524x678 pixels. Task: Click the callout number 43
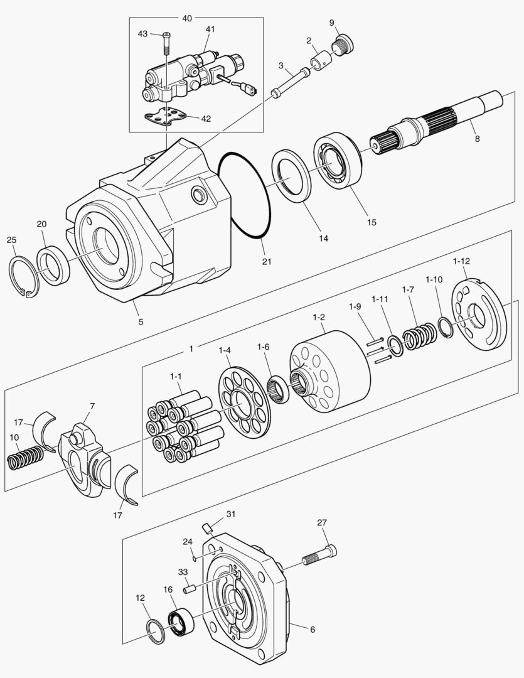142,33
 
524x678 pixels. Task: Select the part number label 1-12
461,261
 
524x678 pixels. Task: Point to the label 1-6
263,347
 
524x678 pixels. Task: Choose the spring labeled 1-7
419,336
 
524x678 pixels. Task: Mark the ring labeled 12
156,630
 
